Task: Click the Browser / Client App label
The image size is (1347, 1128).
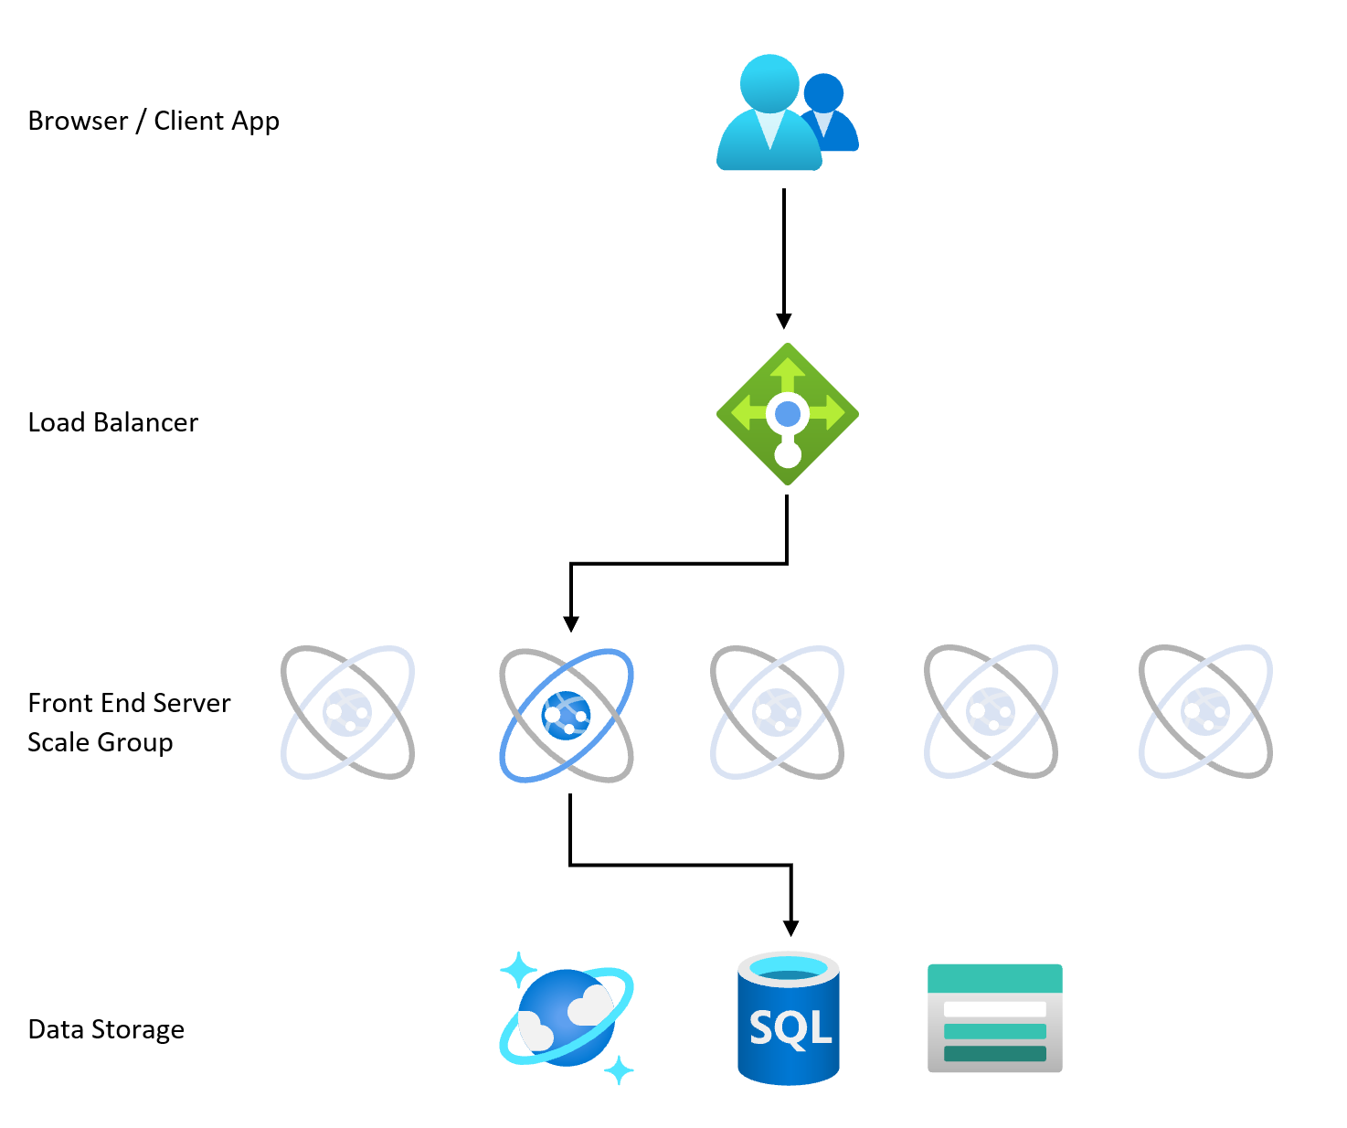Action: coord(154,121)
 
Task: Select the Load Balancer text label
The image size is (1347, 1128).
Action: coord(112,422)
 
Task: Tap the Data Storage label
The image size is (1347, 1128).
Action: coord(106,1029)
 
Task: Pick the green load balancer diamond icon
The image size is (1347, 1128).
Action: coord(787,414)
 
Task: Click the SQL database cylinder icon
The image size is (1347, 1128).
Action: coord(788,1019)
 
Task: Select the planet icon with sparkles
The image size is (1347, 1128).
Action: coord(567,1018)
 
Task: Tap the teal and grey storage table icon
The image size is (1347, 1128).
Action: coord(994,1018)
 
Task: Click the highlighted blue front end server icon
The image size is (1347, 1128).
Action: coord(567,715)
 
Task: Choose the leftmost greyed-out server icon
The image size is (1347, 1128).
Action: coord(347,713)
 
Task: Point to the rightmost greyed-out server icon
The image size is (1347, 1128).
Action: coord(1205,712)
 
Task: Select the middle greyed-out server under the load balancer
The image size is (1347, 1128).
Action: coord(777,713)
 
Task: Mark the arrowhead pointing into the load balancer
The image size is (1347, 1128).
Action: coord(783,321)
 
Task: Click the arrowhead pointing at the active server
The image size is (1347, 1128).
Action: coord(571,623)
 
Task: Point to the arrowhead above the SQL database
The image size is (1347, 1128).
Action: coord(791,928)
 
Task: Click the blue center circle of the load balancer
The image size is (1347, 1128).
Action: coord(788,414)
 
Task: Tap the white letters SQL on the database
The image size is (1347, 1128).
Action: coord(790,1028)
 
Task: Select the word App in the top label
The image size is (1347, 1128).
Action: coord(255,122)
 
